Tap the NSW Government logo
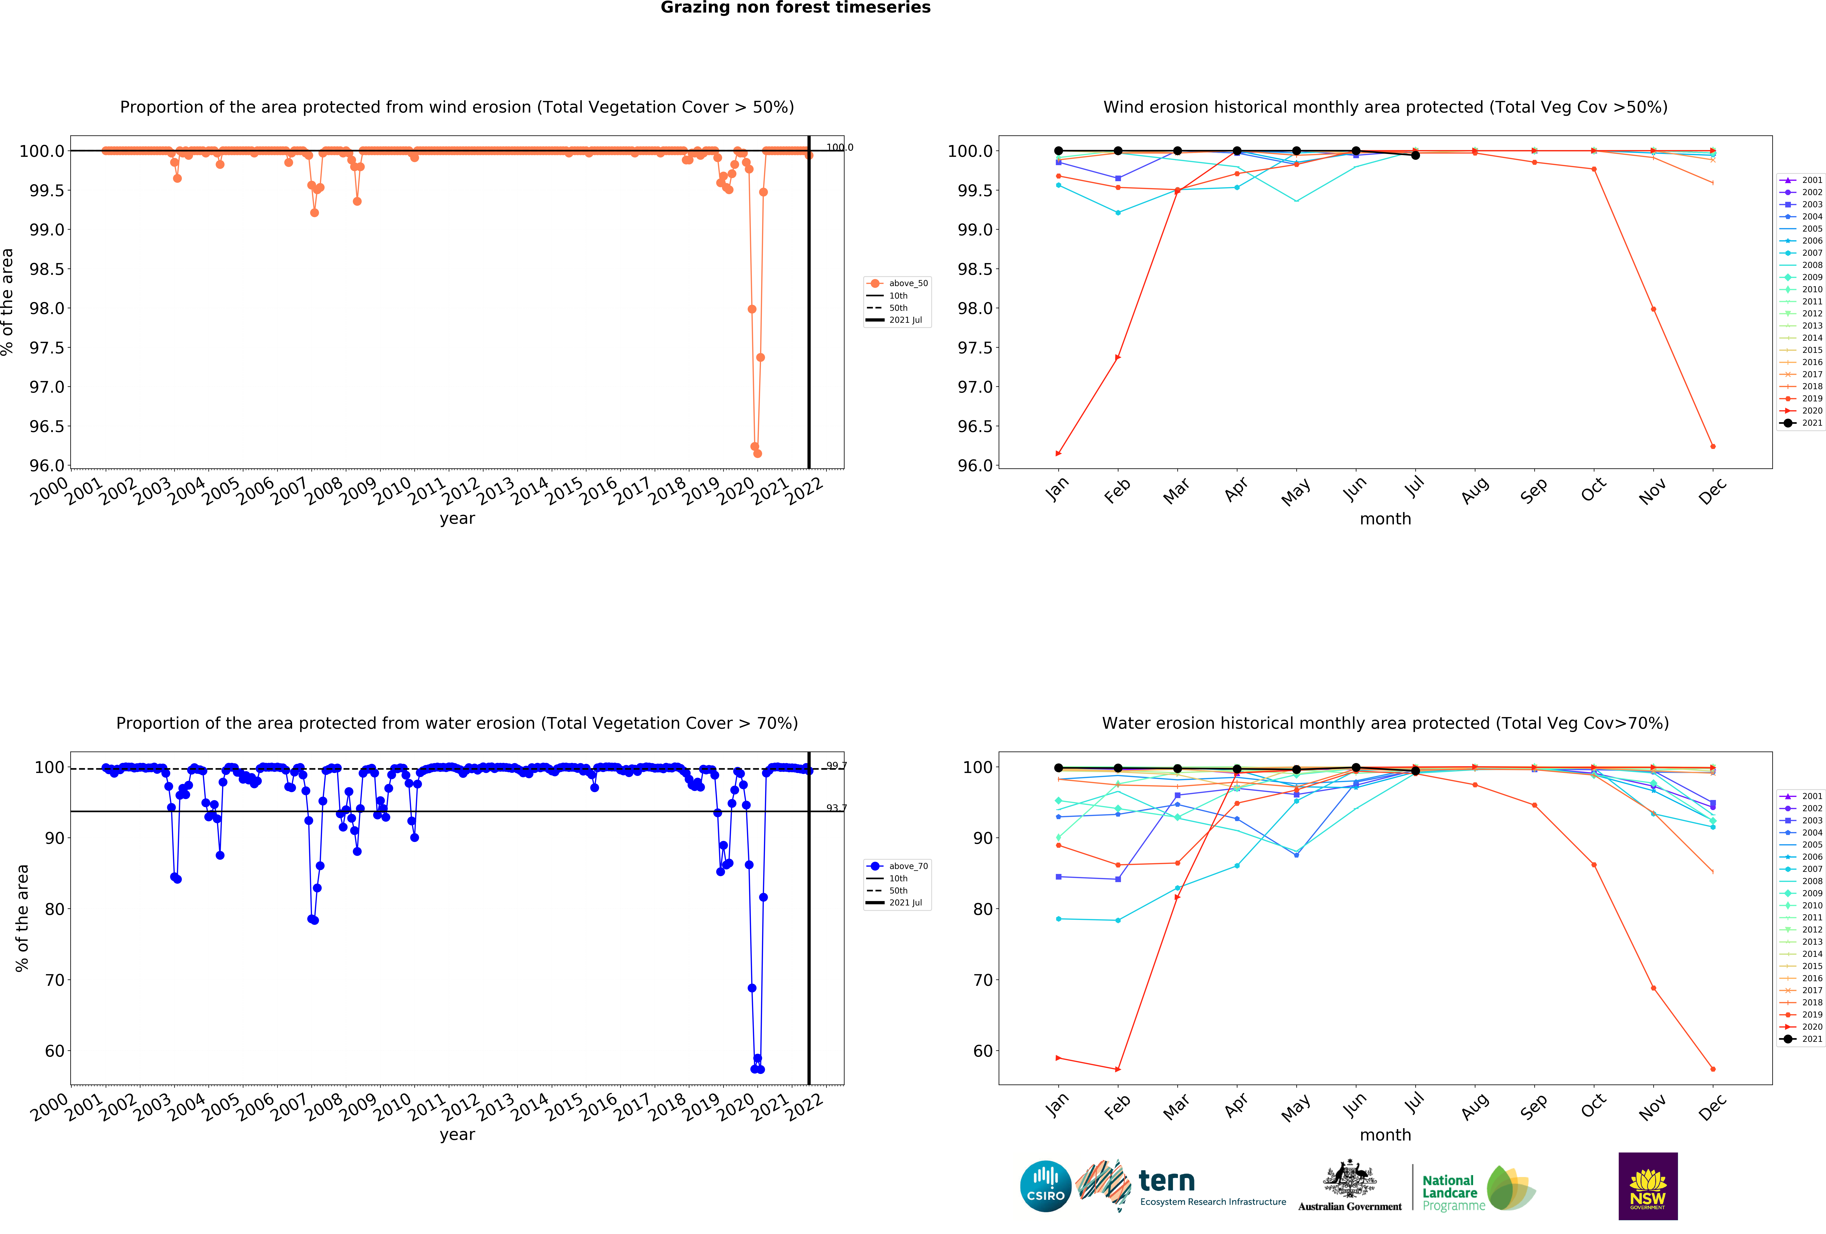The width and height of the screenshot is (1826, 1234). point(1648,1186)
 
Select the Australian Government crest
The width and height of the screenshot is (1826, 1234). point(1349,1178)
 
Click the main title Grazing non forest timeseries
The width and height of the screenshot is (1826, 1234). point(795,8)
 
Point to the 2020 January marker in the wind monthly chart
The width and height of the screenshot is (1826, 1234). point(1058,453)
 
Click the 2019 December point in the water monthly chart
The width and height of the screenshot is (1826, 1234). point(1713,1069)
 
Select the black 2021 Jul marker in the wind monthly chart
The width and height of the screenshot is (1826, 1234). point(1415,155)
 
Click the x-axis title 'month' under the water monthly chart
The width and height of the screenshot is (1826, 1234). point(1385,1135)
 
